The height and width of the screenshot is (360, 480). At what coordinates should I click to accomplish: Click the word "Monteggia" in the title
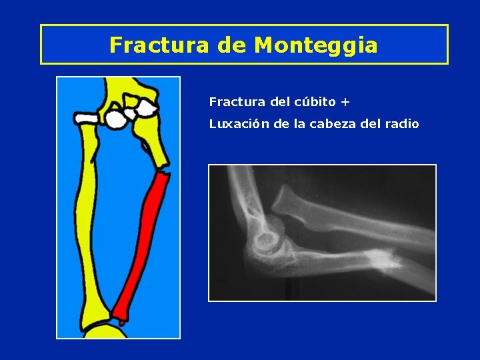click(x=316, y=45)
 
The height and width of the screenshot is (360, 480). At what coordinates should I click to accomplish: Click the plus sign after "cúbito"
click(x=345, y=103)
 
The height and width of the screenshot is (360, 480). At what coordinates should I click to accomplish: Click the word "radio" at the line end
click(x=403, y=123)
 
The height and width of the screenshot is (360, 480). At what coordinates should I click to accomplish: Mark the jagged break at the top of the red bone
click(x=161, y=176)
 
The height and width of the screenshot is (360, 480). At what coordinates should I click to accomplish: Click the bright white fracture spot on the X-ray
click(x=379, y=257)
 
